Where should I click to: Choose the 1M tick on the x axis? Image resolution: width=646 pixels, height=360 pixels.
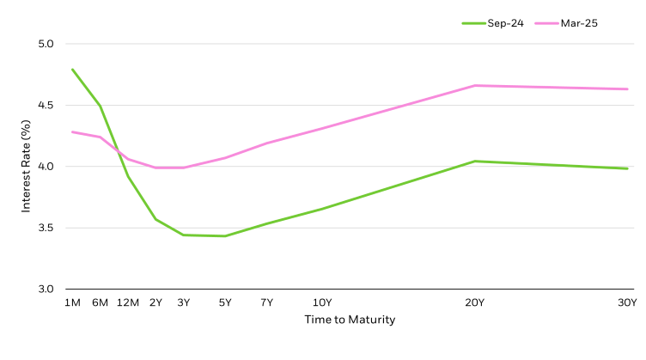[72, 302]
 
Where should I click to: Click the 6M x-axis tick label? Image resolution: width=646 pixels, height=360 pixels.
[100, 302]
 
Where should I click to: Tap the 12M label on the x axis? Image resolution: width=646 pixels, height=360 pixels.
[128, 302]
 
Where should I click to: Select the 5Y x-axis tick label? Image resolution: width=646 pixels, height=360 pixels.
[225, 302]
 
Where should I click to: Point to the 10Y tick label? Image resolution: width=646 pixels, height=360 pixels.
[322, 302]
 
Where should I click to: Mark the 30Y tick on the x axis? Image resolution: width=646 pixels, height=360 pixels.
[627, 302]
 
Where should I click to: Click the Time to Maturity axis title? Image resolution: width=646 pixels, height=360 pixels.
[350, 320]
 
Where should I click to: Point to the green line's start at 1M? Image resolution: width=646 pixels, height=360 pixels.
[72, 70]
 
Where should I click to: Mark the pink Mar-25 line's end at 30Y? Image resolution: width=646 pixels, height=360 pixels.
[627, 88]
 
